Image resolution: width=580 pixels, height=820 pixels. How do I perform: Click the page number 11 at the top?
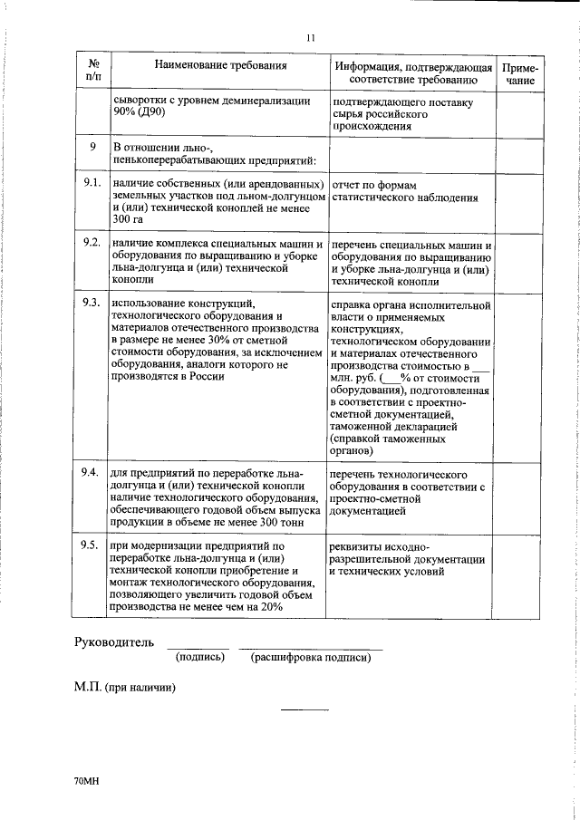pos(310,38)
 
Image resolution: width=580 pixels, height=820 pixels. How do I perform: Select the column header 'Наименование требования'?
pos(220,66)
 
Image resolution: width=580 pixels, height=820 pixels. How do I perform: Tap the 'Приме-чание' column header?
pos(520,73)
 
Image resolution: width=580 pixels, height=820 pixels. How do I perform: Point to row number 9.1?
pos(90,183)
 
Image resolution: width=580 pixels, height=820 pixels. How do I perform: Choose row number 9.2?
pos(90,244)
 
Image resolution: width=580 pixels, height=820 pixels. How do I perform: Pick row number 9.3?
pos(90,303)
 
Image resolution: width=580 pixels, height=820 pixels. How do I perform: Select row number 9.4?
pos(90,475)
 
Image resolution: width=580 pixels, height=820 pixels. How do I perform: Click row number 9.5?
pos(90,545)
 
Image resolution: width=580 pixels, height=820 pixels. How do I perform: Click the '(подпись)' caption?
pos(199,657)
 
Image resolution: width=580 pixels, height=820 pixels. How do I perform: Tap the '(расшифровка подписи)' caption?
pos(311,657)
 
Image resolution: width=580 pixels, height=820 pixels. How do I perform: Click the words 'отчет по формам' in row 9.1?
pos(374,185)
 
